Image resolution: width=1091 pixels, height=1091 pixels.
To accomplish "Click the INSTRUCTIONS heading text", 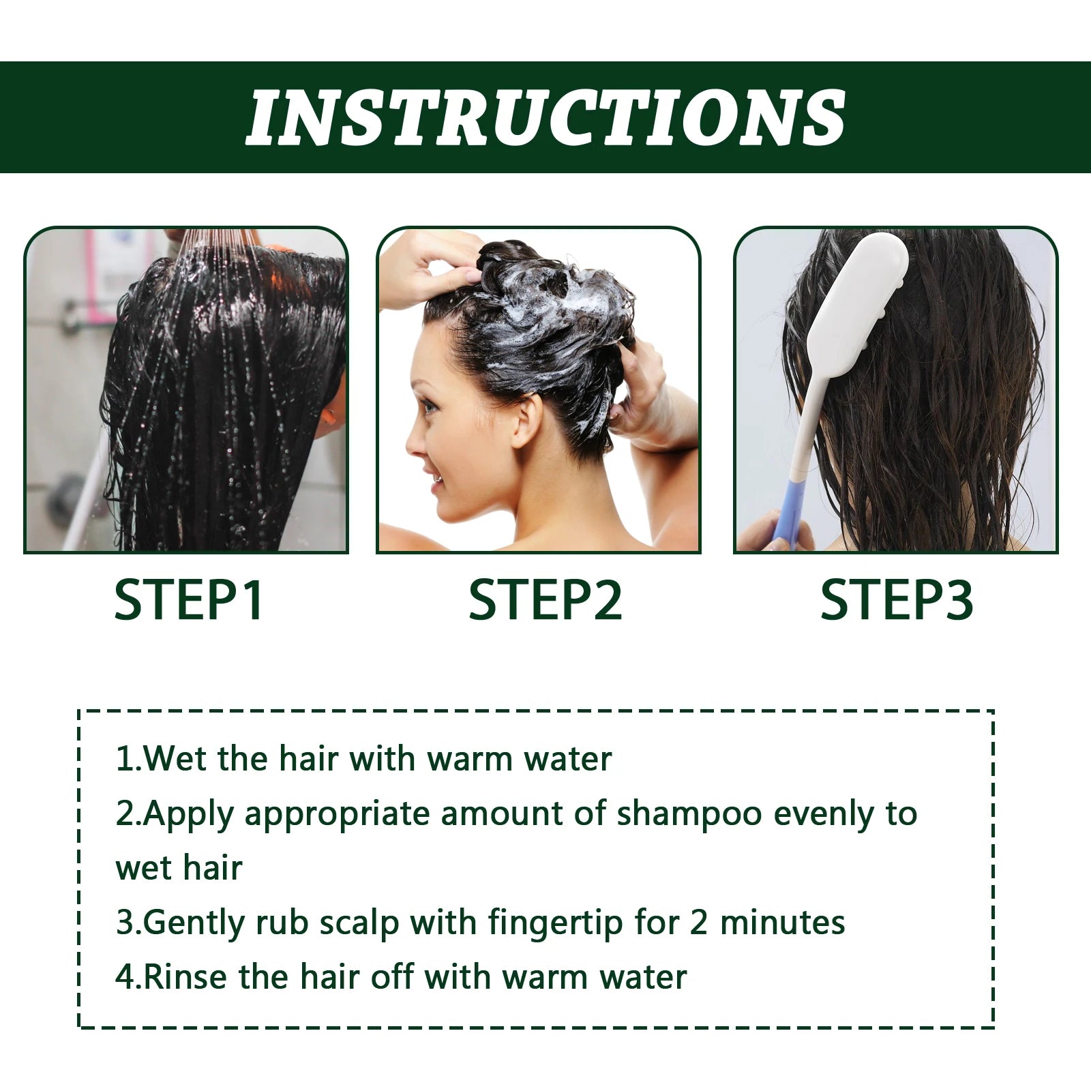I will pos(545,117).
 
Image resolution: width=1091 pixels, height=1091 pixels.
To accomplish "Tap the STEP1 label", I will pos(188,600).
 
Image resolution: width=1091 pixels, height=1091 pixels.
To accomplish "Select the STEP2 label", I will pos(545,600).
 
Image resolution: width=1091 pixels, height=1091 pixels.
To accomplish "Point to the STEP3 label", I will pos(896,600).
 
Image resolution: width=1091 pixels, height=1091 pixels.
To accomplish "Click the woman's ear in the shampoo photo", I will pos(527,420).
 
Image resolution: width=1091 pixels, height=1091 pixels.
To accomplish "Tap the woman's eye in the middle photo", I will pos(429,408).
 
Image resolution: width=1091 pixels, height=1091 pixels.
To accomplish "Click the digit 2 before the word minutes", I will pos(698,923).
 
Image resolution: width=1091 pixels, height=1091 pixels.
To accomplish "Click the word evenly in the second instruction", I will pos(824,814).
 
